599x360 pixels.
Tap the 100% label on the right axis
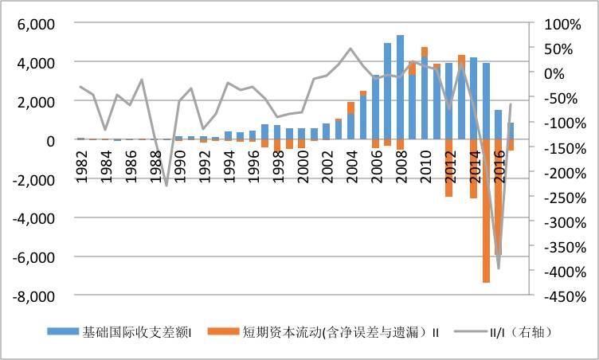pos(559,24)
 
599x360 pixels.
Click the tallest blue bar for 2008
pos(400,88)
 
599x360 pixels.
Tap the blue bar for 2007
pos(388,92)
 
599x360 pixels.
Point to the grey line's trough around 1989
pos(166,186)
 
